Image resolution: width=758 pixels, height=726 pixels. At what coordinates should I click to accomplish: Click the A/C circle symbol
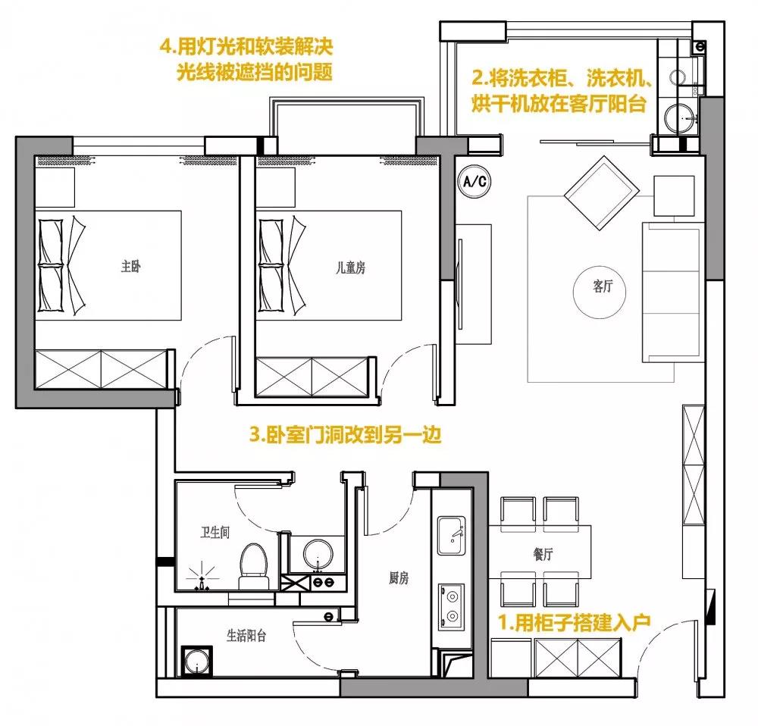(x=475, y=181)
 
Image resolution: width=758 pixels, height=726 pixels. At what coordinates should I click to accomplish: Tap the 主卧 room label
(x=130, y=266)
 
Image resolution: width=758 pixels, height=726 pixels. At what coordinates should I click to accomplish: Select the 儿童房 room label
(x=350, y=268)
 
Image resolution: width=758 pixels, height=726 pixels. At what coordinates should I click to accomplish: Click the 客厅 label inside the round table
(x=603, y=286)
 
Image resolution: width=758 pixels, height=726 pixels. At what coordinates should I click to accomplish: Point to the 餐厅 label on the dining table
(x=543, y=554)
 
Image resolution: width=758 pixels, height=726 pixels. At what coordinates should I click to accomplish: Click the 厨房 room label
(x=399, y=577)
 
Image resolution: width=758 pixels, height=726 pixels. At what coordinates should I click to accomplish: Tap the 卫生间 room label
(x=215, y=533)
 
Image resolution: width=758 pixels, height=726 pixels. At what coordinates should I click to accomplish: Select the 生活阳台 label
(x=246, y=635)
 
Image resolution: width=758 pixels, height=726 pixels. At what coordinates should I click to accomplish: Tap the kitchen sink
(x=451, y=536)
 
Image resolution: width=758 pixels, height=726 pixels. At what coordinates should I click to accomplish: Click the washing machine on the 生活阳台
(x=197, y=661)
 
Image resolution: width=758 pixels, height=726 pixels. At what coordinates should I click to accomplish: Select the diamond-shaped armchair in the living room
(x=600, y=192)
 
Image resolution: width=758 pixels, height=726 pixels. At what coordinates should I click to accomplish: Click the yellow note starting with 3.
(x=345, y=435)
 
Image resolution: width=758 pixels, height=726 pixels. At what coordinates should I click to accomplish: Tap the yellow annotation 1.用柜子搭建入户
(x=574, y=623)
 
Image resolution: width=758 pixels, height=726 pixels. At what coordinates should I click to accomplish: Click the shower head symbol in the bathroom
(x=202, y=577)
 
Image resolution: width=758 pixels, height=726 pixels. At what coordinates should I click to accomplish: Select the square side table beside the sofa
(x=674, y=196)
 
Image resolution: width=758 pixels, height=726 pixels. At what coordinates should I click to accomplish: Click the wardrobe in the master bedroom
(x=101, y=370)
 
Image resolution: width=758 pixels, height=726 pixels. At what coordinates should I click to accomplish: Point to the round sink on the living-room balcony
(x=680, y=117)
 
